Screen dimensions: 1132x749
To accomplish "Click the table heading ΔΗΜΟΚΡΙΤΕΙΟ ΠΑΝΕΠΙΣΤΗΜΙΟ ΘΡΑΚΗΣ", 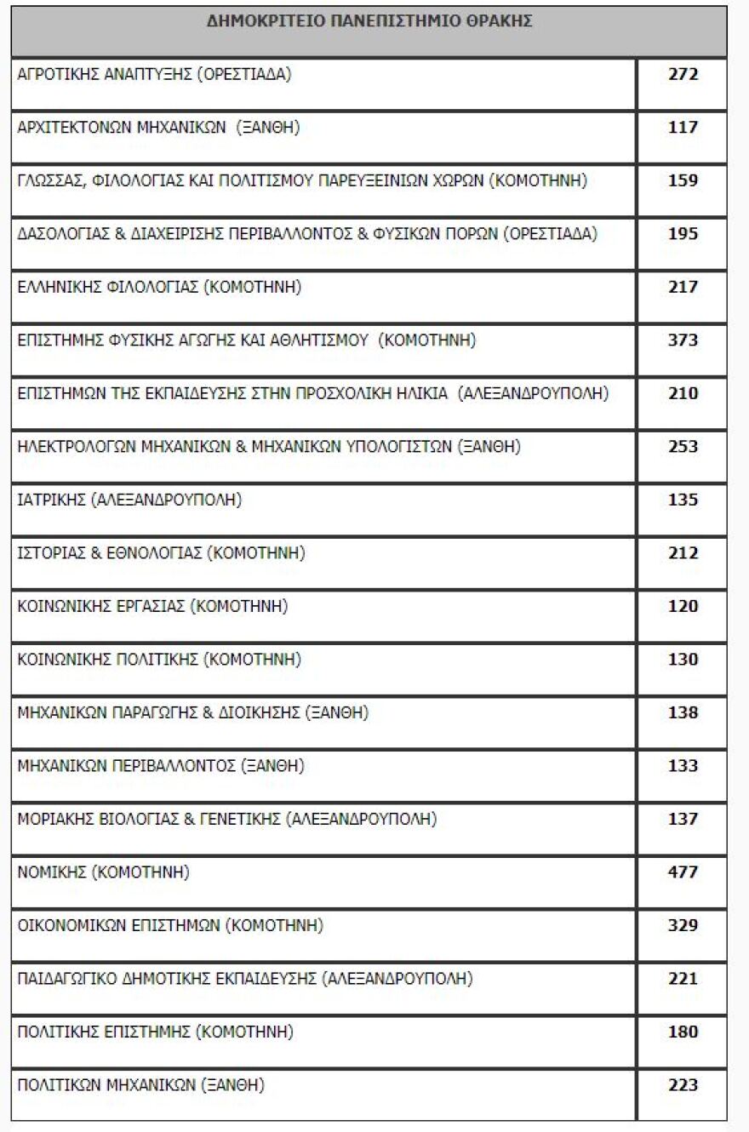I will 369,22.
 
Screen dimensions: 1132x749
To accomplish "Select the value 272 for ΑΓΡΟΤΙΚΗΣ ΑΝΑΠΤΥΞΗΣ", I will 683,74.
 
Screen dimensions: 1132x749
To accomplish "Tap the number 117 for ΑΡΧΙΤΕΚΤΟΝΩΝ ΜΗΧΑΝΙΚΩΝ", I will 683,128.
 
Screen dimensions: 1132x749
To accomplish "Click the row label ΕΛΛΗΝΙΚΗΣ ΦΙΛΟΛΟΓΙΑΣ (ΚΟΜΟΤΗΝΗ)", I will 160,287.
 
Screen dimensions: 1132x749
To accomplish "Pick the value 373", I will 683,340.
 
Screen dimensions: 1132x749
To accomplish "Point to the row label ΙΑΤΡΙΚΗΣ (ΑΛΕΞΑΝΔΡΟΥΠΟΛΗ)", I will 129,500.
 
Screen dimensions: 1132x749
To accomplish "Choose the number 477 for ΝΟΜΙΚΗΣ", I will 683,872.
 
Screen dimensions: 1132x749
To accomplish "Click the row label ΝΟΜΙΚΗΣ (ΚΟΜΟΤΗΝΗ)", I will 103,872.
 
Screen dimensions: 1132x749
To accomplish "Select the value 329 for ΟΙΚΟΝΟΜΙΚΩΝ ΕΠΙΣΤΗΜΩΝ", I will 683,925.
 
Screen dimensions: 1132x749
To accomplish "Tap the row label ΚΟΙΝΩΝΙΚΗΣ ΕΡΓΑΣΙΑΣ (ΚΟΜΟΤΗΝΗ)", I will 152,606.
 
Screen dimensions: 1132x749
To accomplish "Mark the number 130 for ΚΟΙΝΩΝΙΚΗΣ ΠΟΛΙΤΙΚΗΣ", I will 683,660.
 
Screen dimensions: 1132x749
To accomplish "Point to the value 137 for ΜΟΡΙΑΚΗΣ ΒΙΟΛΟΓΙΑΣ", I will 683,819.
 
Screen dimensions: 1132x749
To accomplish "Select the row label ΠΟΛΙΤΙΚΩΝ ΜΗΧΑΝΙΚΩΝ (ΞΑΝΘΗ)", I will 140,1085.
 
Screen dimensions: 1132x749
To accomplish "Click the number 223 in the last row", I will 683,1085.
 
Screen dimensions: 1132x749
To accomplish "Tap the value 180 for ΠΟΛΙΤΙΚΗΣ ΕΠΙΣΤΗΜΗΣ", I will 683,1032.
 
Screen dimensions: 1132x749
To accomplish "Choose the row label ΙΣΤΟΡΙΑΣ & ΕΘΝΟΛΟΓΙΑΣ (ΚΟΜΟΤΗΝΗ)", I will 161,553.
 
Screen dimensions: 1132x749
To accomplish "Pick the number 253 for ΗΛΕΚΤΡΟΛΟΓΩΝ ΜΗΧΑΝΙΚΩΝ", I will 683,447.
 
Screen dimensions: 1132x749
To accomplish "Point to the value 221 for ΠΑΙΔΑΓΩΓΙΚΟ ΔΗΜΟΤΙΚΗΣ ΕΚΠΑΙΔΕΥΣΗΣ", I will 683,979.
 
